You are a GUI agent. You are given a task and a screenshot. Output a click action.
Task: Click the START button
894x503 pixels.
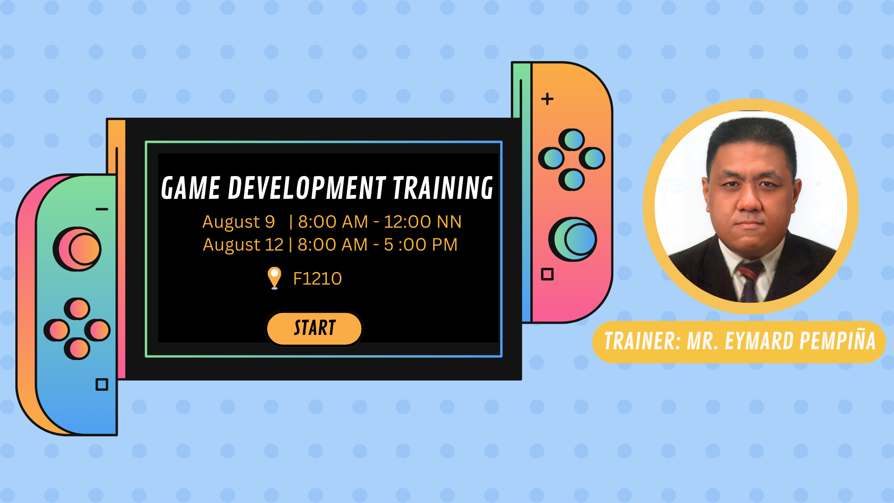pyautogui.click(x=314, y=328)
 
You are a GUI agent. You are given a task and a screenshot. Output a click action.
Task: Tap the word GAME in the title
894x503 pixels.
pyautogui.click(x=190, y=188)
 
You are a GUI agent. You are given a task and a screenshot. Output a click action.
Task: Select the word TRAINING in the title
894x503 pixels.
pyautogui.click(x=443, y=188)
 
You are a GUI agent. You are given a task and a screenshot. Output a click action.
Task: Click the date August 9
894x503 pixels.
pyautogui.click(x=238, y=222)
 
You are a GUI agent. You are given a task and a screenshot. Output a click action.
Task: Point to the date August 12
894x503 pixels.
pyautogui.click(x=243, y=245)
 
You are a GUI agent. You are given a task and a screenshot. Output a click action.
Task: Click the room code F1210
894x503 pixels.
pyautogui.click(x=318, y=279)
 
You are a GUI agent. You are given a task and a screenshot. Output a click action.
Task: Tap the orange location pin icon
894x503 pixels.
pyautogui.click(x=274, y=278)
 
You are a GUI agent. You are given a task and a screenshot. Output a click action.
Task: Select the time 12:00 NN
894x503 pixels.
pyautogui.click(x=422, y=222)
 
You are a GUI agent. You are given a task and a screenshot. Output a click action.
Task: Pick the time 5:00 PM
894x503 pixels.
pyautogui.click(x=420, y=245)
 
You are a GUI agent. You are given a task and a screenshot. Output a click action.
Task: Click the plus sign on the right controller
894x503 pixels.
pyautogui.click(x=547, y=99)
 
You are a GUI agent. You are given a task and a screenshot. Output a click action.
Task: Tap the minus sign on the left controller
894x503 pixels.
pyautogui.click(x=102, y=209)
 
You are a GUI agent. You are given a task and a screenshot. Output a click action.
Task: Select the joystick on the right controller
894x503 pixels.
pyautogui.click(x=573, y=239)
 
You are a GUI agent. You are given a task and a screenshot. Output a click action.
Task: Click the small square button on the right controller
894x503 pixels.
pyautogui.click(x=547, y=274)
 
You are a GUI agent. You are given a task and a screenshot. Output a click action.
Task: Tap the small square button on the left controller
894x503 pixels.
pyautogui.click(x=102, y=384)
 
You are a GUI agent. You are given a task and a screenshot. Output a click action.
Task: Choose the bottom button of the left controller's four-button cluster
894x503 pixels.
pyautogui.click(x=77, y=348)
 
